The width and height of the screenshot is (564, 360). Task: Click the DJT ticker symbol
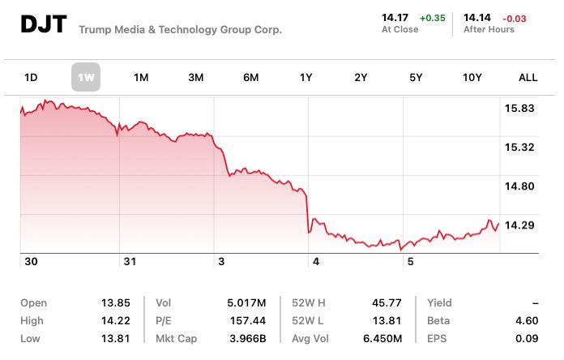[42, 25]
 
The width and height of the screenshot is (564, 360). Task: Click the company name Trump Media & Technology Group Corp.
[181, 29]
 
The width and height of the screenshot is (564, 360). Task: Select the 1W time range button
[86, 78]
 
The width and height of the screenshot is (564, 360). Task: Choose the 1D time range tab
[31, 78]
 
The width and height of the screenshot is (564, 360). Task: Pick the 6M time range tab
[250, 78]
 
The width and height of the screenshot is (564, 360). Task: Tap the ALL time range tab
[528, 78]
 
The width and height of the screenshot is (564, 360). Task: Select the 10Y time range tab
[472, 78]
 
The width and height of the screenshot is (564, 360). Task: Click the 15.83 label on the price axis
[519, 109]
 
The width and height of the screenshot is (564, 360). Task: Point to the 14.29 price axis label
[519, 225]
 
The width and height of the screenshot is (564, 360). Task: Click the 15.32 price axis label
[519, 147]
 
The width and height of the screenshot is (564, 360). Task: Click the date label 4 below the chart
[315, 262]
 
